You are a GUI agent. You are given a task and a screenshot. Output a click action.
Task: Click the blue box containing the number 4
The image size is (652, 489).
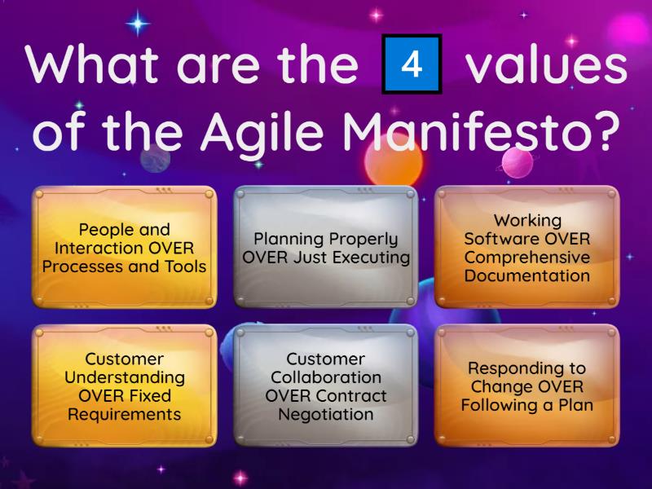[x=412, y=64]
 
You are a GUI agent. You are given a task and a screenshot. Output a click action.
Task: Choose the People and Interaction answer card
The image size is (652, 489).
[x=124, y=247]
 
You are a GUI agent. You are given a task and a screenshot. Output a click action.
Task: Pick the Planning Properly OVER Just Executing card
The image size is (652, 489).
[x=326, y=247]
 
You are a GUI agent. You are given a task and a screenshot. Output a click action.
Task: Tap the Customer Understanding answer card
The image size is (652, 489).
[x=124, y=385]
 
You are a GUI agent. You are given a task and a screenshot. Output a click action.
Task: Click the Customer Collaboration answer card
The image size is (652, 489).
[x=326, y=385]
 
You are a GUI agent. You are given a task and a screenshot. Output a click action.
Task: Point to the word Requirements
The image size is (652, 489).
[x=124, y=414]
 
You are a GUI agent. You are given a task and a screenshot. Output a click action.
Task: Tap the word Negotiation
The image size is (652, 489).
[x=326, y=414]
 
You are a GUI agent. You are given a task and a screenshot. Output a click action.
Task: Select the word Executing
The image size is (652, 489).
[x=371, y=258]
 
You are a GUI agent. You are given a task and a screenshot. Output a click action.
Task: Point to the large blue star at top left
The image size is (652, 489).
[x=139, y=24]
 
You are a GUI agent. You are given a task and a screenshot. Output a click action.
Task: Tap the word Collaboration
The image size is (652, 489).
[x=326, y=377]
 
